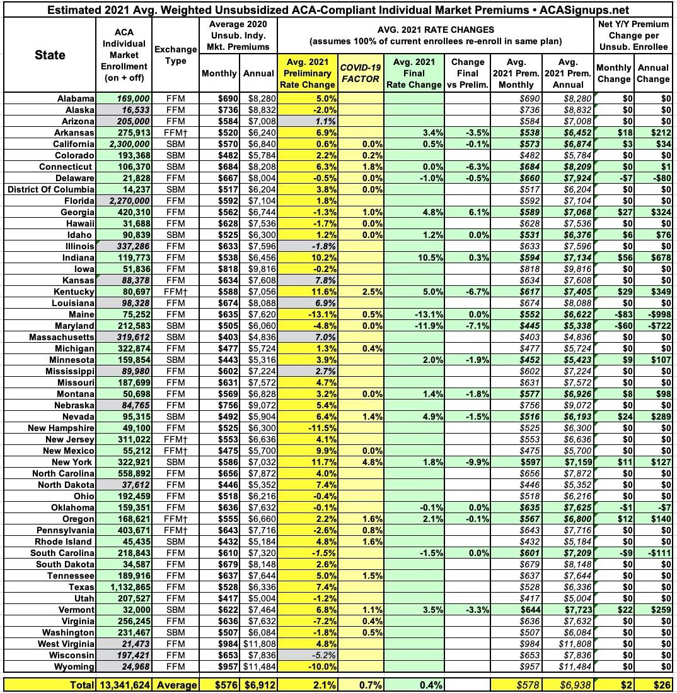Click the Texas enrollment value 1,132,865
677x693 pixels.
tap(123, 588)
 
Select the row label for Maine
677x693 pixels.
tap(79, 314)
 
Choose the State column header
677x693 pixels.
tap(50, 56)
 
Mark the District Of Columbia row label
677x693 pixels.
tap(50, 189)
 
